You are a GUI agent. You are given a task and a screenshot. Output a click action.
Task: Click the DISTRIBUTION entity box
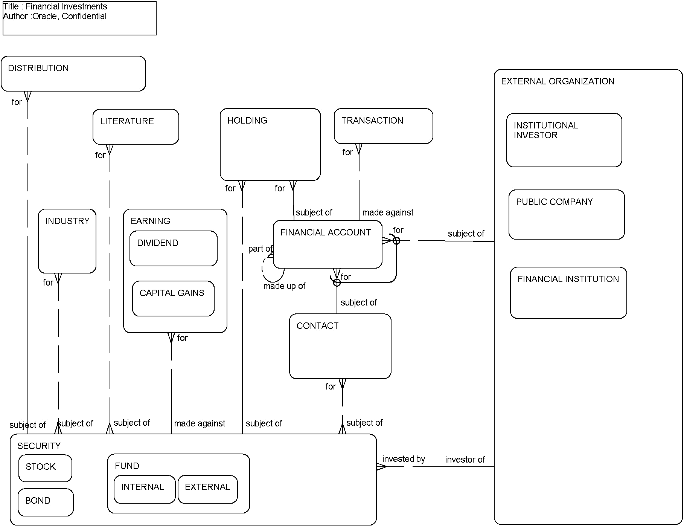coord(73,74)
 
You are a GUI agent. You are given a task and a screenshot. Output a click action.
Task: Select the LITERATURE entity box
coord(136,127)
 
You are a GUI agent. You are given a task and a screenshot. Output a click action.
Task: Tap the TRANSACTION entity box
coord(383,126)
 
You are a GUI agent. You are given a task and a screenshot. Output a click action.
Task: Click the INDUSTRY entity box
coord(67,241)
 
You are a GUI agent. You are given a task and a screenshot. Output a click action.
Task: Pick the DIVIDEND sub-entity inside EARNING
coord(173,249)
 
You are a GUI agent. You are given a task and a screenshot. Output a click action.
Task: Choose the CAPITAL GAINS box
coord(173,298)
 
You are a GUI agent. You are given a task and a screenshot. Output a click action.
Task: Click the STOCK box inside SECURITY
coord(45,468)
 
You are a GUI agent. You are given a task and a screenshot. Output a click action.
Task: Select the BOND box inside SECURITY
coord(46,502)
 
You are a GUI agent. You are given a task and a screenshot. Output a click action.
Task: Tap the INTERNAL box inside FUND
coord(145,489)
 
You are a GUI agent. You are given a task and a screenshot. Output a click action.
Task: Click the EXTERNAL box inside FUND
coord(207,489)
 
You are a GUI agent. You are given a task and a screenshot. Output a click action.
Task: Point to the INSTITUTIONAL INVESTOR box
coord(564,140)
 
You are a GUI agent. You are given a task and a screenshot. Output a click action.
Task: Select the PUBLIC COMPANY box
coord(566,214)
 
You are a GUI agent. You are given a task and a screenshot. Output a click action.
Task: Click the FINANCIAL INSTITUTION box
coord(568,293)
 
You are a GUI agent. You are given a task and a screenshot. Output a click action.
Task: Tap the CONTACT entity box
coord(340,346)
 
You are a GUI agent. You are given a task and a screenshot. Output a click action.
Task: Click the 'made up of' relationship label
coord(284,286)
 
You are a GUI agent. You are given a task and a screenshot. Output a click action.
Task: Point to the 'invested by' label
coord(403,459)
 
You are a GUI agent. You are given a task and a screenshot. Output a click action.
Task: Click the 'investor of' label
coord(465,460)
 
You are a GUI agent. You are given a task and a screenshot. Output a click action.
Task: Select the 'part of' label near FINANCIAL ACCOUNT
coord(260,249)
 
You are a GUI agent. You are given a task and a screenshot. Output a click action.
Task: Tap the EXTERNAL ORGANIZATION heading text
coord(557,81)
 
